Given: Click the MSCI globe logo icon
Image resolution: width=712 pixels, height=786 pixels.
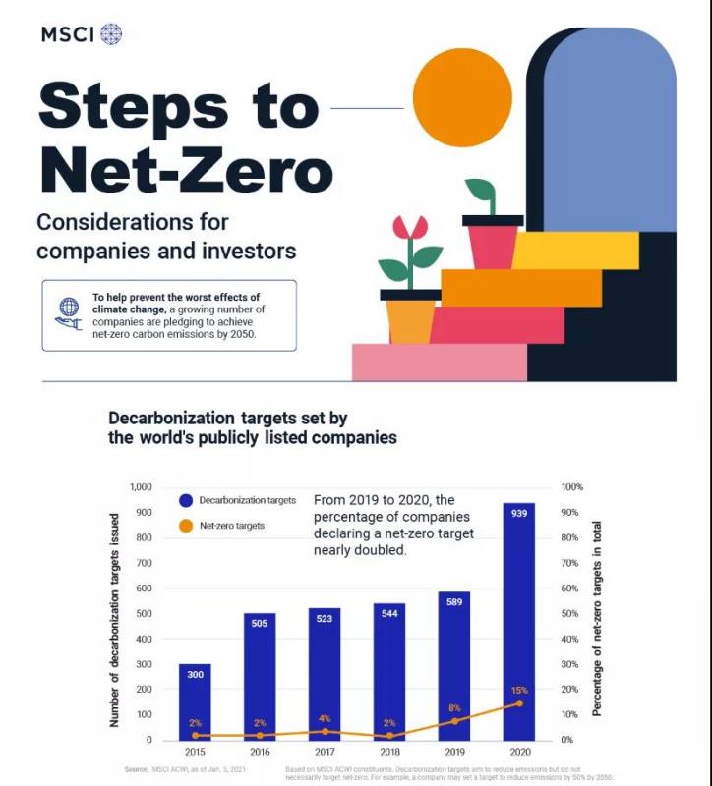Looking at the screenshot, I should [x=111, y=33].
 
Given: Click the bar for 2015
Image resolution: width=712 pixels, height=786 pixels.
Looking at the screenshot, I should [x=195, y=702].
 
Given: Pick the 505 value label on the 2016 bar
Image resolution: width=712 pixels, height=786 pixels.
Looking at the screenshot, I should [x=260, y=623].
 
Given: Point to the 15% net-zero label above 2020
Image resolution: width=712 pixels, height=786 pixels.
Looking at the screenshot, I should [x=519, y=690].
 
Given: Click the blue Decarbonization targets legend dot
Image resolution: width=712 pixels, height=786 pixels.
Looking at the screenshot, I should [x=186, y=500].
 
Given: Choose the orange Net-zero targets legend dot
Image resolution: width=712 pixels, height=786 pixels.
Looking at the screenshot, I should [x=186, y=526].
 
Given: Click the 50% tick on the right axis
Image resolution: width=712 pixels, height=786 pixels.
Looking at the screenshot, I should [x=571, y=614].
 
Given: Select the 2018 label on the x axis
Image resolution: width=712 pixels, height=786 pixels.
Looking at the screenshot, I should [x=389, y=752].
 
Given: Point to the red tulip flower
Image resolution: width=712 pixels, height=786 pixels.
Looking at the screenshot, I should [x=410, y=228].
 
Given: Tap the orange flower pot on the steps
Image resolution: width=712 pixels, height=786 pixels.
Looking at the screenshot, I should [x=410, y=320].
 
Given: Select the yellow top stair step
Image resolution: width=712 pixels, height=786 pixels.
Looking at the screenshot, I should [x=574, y=250].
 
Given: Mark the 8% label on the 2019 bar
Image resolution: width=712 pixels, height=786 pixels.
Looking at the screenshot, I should [x=454, y=707].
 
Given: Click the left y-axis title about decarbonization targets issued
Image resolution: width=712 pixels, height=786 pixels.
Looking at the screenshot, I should [x=114, y=619].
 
